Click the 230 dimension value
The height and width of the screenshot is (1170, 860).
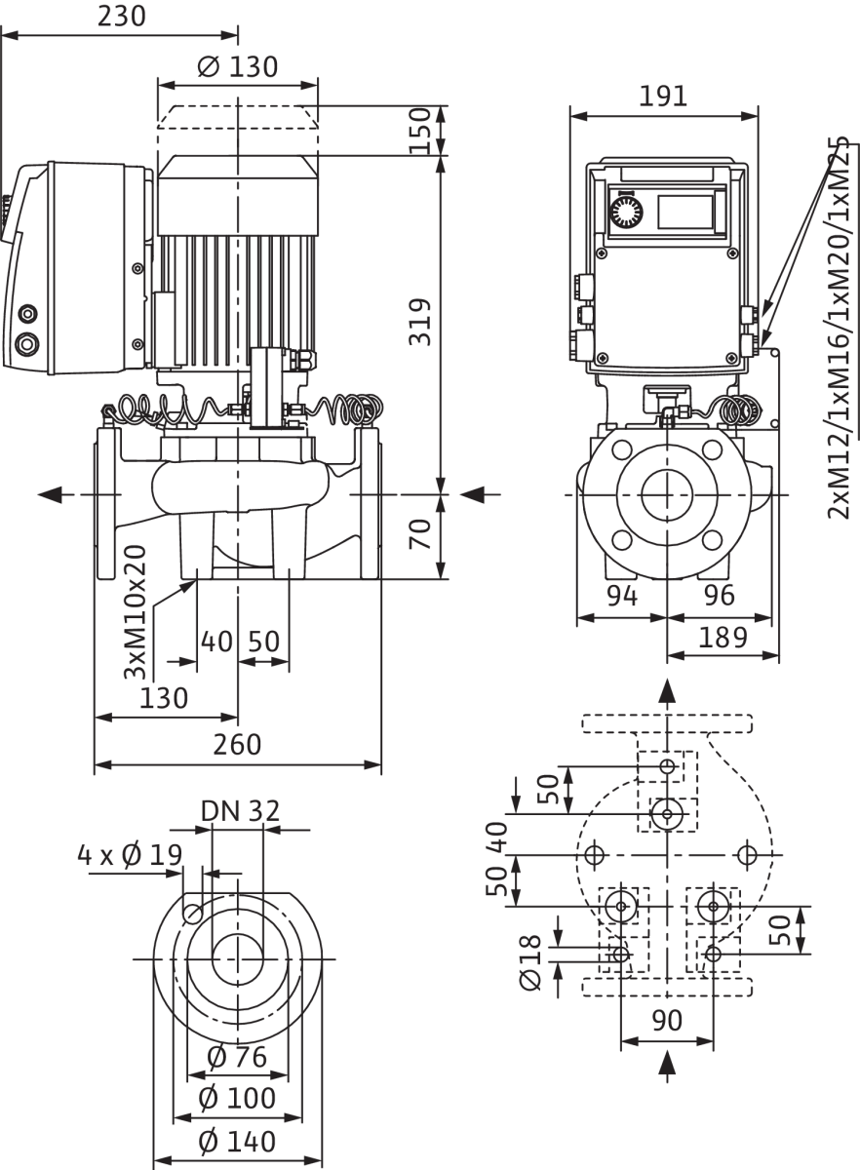point(122,17)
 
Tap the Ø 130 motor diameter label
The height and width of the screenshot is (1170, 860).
point(238,67)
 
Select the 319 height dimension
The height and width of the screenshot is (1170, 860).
point(420,322)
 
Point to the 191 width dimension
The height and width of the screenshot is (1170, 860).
point(663,97)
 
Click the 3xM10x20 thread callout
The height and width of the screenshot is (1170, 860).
point(136,612)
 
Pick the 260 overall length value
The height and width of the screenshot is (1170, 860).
point(237,745)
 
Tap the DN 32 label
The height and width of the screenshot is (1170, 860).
point(240,811)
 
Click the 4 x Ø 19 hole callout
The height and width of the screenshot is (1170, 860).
point(130,855)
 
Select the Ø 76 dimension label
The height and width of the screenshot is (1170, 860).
point(237,1058)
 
